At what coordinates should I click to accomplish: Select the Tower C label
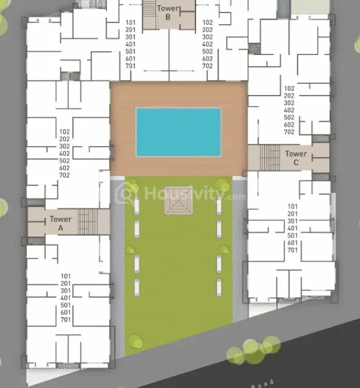point(296,157)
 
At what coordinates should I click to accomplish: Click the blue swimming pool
point(178,132)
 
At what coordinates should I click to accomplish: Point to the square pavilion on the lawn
point(178,205)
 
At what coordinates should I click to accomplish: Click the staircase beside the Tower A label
point(87,222)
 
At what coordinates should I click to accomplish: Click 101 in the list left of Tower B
point(131,23)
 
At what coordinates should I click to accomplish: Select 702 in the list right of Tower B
point(207,66)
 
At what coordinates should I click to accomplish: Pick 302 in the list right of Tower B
point(207,37)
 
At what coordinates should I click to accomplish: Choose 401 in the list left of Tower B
point(131,45)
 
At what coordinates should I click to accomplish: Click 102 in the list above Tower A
point(64,132)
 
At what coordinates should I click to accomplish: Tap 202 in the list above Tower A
point(64,139)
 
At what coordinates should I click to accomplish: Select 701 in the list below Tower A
point(65,320)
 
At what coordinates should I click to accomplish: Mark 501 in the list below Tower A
point(65,305)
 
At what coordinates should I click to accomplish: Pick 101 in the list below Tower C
point(292,206)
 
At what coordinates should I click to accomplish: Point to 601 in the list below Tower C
point(292,242)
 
